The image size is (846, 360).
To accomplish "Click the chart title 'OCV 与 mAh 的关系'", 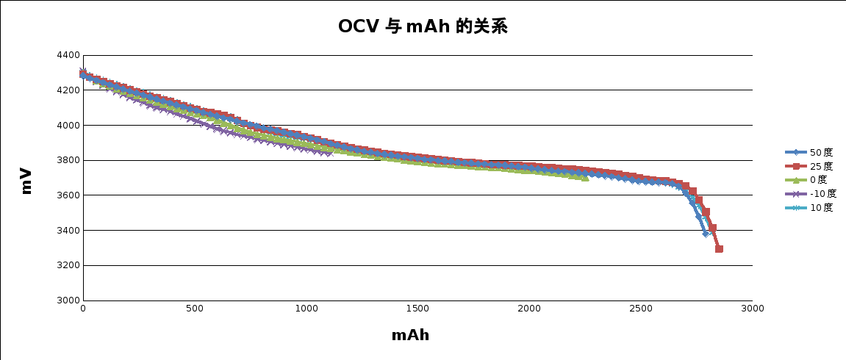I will click(x=423, y=27).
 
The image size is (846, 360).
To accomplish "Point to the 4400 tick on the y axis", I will click(x=68, y=55).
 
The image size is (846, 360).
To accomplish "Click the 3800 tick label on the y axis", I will click(x=68, y=160).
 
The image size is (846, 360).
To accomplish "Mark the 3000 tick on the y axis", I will click(x=68, y=300).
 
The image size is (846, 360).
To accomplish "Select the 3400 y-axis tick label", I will click(x=68, y=231).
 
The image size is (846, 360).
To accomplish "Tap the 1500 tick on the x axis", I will click(x=417, y=308).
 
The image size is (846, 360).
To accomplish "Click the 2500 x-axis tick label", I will click(x=640, y=308).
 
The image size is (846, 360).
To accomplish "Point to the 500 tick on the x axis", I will click(x=194, y=308).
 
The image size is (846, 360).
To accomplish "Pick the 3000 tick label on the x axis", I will click(x=752, y=308).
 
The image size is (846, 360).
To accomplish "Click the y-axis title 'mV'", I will click(x=26, y=181).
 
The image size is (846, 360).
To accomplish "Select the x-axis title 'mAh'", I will click(x=410, y=336).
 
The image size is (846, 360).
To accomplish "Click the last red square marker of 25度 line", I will click(x=719, y=249).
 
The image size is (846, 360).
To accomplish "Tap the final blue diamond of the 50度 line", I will click(x=706, y=234).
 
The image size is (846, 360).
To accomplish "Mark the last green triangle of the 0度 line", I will click(x=585, y=178).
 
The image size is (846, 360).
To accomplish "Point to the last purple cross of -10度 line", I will click(x=329, y=153).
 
